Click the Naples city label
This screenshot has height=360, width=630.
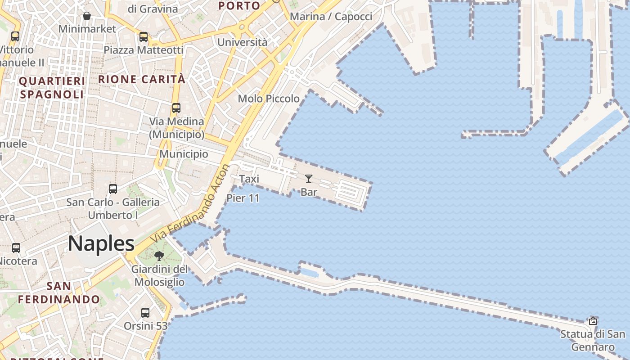(x=101, y=243)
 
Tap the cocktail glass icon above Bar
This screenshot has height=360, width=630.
(x=309, y=179)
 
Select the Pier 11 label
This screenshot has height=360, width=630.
(x=243, y=198)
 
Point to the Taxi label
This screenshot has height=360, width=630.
(x=249, y=179)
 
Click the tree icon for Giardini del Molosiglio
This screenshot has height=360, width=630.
(x=159, y=256)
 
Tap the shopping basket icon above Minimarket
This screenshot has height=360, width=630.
(x=87, y=16)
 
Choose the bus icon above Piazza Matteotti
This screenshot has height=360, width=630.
(x=144, y=37)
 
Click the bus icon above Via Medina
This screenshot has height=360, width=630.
(x=176, y=108)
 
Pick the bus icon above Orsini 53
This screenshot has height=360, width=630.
(x=145, y=312)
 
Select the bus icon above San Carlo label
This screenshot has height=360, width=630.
(x=113, y=189)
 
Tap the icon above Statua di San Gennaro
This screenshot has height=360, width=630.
(x=593, y=321)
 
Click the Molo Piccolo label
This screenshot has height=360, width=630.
(x=269, y=99)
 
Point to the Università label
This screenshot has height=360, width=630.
(x=243, y=42)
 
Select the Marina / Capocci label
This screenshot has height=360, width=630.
(x=331, y=17)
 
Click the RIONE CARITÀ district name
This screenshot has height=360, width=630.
(x=142, y=79)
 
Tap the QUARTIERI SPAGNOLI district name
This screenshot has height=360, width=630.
(x=52, y=88)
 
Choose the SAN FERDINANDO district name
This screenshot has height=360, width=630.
(x=59, y=292)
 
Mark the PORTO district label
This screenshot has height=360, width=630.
(x=239, y=6)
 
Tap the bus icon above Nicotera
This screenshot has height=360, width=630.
(x=16, y=247)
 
